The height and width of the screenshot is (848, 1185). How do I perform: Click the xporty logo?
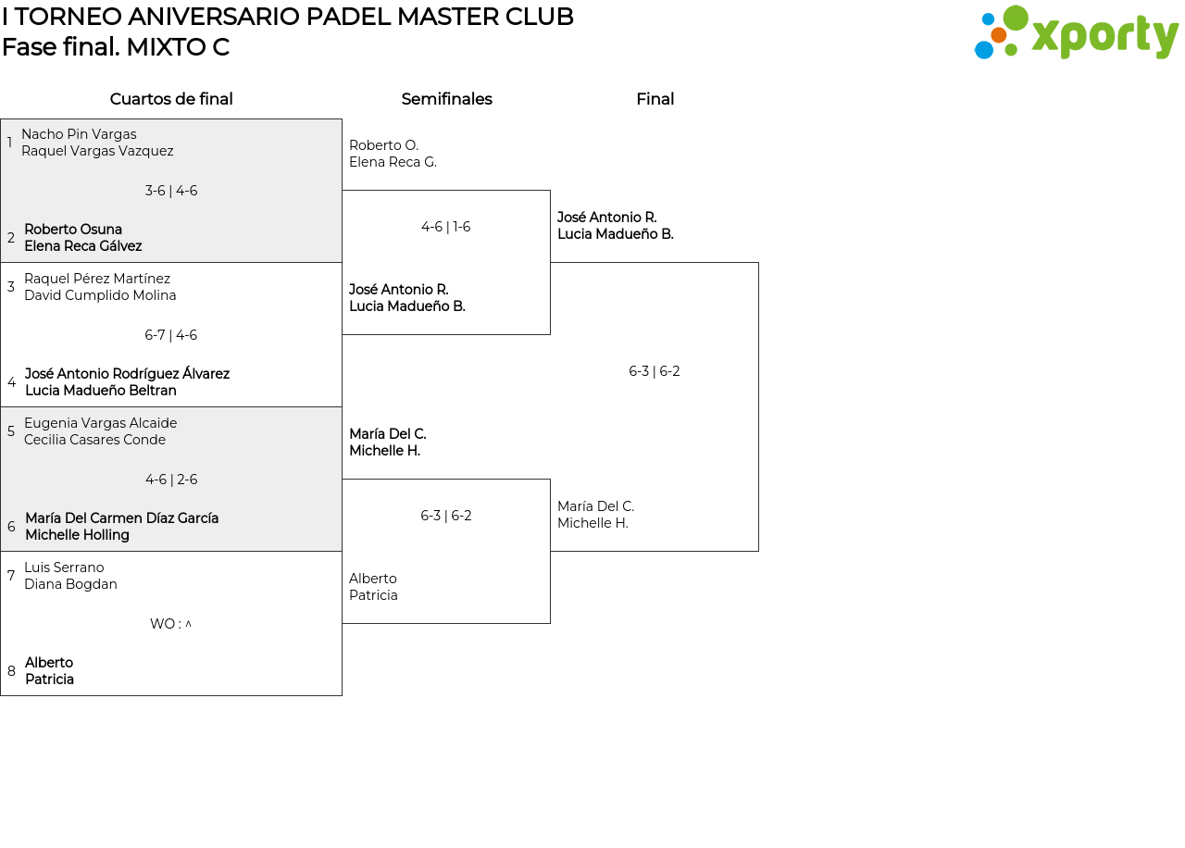1076,32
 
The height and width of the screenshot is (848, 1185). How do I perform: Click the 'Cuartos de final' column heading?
171,99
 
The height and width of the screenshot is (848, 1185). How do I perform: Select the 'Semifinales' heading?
446,99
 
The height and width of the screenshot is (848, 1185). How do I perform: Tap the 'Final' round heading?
655,99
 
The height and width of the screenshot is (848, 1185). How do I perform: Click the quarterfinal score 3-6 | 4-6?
171,191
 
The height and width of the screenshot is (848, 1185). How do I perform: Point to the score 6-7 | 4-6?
171,335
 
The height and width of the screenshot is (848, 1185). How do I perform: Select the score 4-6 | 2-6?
171,480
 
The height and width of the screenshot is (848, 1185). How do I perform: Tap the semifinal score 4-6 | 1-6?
446,227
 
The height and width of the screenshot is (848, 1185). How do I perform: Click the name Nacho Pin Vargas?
79,134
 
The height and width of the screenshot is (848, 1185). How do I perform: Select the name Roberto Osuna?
73,229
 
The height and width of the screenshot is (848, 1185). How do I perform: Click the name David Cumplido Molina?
100,295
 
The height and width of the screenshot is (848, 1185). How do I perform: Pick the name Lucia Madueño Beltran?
101,391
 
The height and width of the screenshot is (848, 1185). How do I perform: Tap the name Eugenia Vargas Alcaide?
101,423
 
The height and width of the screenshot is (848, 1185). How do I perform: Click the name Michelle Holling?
77,535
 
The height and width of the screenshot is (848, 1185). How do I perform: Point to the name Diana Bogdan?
71,584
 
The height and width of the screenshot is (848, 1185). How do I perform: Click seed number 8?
11,671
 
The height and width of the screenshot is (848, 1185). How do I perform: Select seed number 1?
9,142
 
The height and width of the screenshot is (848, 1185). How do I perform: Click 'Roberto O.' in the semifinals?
383,145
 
